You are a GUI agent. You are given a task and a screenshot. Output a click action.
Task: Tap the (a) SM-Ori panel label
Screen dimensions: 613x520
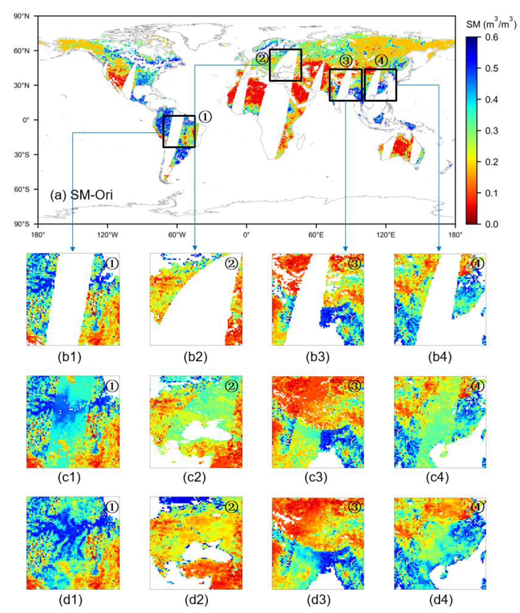pyautogui.click(x=81, y=195)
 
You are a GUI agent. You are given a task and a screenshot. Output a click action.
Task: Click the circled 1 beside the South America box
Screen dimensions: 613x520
pyautogui.click(x=205, y=117)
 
